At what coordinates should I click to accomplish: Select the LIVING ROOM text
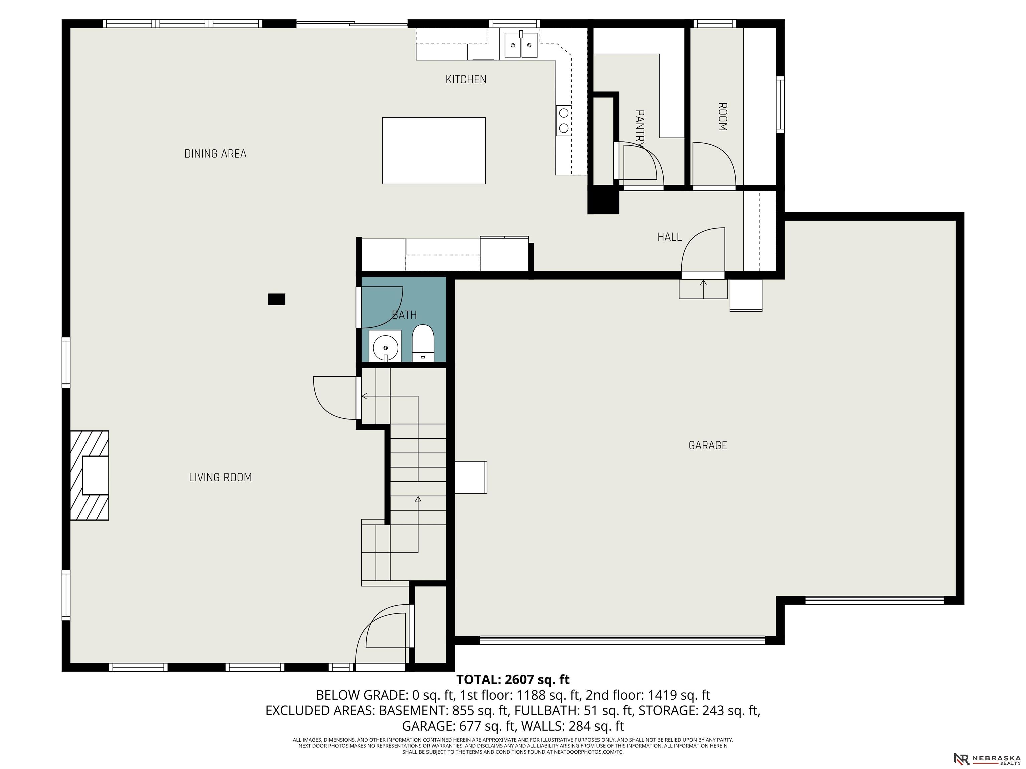[x=220, y=477]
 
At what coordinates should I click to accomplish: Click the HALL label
[x=669, y=237]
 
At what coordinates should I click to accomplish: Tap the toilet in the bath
[x=422, y=343]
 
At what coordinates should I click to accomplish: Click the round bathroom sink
[x=385, y=346]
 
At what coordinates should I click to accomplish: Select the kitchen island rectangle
[x=434, y=151]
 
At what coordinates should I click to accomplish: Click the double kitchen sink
[x=521, y=45]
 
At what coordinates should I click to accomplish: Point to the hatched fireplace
[x=90, y=476]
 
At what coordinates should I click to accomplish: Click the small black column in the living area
[x=277, y=299]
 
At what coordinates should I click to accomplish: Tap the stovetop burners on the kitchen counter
[x=564, y=120]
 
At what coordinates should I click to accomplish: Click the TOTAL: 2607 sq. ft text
[x=513, y=680]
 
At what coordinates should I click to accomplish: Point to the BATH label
[x=404, y=315]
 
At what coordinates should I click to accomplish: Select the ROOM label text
[x=722, y=117]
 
